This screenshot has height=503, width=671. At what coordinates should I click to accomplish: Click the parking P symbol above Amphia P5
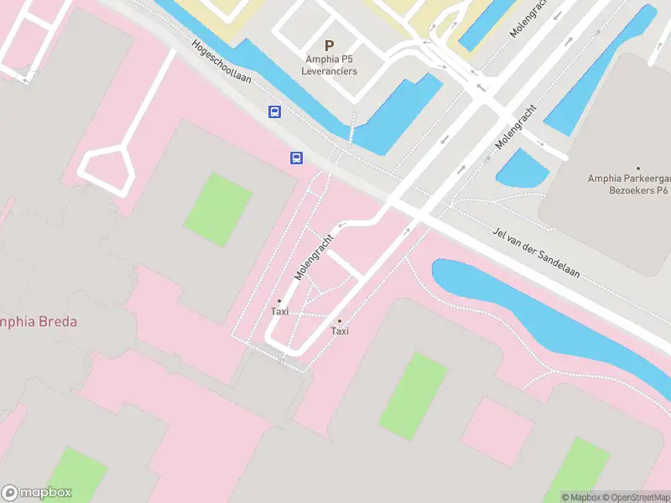329,45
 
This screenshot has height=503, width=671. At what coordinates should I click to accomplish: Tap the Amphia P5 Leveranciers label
330,65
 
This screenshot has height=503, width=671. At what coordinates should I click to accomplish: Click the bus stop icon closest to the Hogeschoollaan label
274,111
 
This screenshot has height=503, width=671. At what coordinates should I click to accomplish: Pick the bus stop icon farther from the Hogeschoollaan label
296,158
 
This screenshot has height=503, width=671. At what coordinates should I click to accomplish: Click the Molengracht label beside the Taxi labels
314,257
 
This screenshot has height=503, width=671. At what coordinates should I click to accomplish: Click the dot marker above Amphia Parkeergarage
637,169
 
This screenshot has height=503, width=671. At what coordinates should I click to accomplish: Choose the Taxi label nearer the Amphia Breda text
279,311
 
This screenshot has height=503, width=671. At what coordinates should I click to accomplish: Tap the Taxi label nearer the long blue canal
340,331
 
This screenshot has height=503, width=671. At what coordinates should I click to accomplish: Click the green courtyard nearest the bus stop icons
217,209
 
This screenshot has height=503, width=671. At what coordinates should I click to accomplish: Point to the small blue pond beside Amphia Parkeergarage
522,169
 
